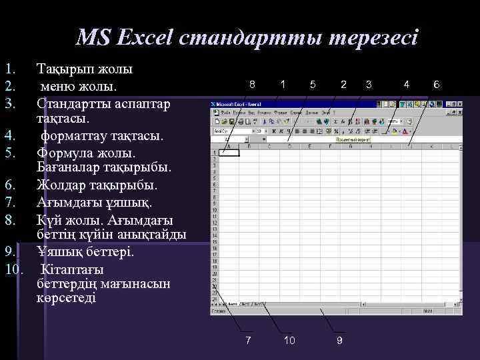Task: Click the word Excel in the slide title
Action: point(144,37)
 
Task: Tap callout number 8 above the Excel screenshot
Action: point(251,84)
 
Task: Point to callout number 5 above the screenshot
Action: point(313,84)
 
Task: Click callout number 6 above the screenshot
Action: point(436,84)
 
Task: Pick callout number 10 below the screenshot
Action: point(289,341)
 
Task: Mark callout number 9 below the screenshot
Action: point(339,341)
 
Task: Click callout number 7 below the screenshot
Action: point(248,341)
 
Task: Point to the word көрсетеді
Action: point(67,298)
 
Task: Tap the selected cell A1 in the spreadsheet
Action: point(231,152)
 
